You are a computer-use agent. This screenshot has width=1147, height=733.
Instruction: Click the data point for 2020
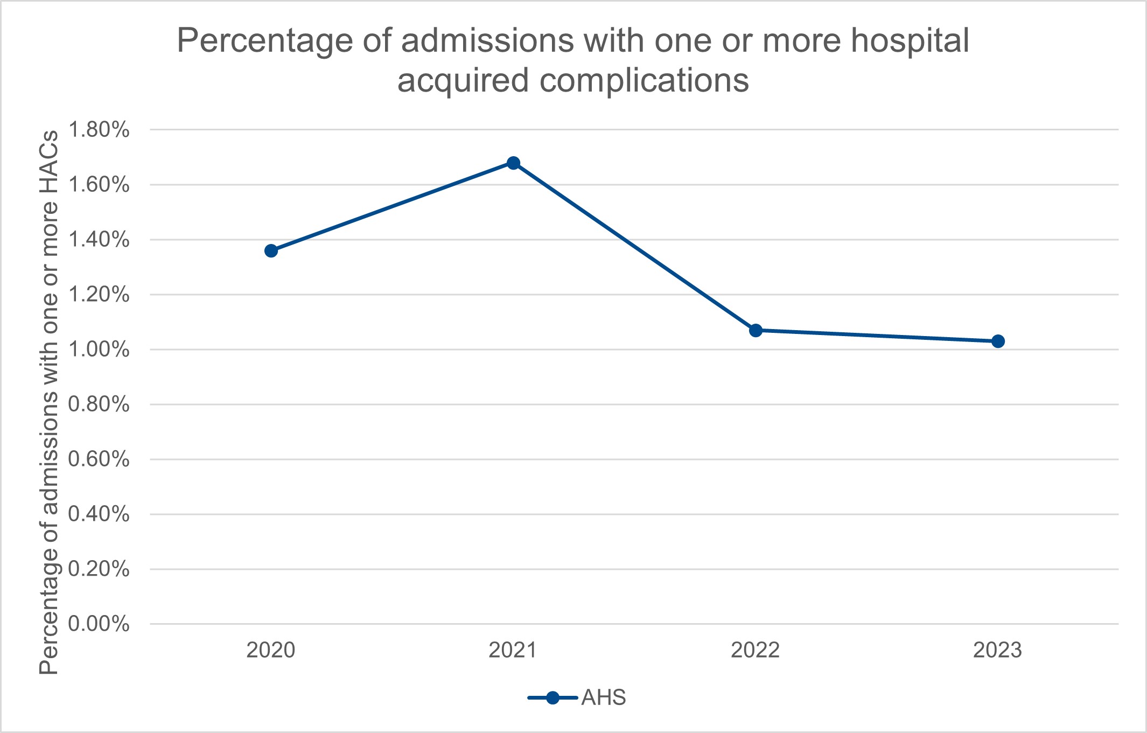(x=271, y=251)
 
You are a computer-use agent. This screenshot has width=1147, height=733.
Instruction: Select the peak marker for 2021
(x=514, y=163)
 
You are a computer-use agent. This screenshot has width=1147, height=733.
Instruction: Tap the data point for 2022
(x=756, y=330)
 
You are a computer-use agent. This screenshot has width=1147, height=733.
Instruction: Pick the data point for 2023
(x=998, y=341)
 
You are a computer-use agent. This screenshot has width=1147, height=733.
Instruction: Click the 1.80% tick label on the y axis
(x=99, y=130)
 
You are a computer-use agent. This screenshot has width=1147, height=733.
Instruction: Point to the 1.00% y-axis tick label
(x=99, y=350)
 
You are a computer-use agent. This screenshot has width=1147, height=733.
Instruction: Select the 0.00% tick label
(x=99, y=624)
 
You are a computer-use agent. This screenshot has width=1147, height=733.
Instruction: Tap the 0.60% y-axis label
(x=99, y=459)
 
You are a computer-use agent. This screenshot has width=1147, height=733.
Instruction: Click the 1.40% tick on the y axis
(x=99, y=240)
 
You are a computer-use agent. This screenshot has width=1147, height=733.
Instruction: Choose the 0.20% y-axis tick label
(x=99, y=569)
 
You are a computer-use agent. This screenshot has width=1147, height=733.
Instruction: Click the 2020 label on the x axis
(x=271, y=651)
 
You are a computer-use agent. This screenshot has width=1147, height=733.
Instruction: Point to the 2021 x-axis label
(x=513, y=651)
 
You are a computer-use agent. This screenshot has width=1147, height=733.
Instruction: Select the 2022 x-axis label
(x=755, y=651)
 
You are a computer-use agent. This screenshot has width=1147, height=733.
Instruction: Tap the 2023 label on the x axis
(x=997, y=651)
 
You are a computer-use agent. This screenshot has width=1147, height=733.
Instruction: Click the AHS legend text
(x=604, y=698)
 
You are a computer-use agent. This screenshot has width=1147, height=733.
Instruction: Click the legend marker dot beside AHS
(x=552, y=698)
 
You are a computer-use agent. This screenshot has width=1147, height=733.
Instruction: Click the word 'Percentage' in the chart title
(x=265, y=41)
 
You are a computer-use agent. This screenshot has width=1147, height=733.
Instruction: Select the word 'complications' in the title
(x=644, y=81)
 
